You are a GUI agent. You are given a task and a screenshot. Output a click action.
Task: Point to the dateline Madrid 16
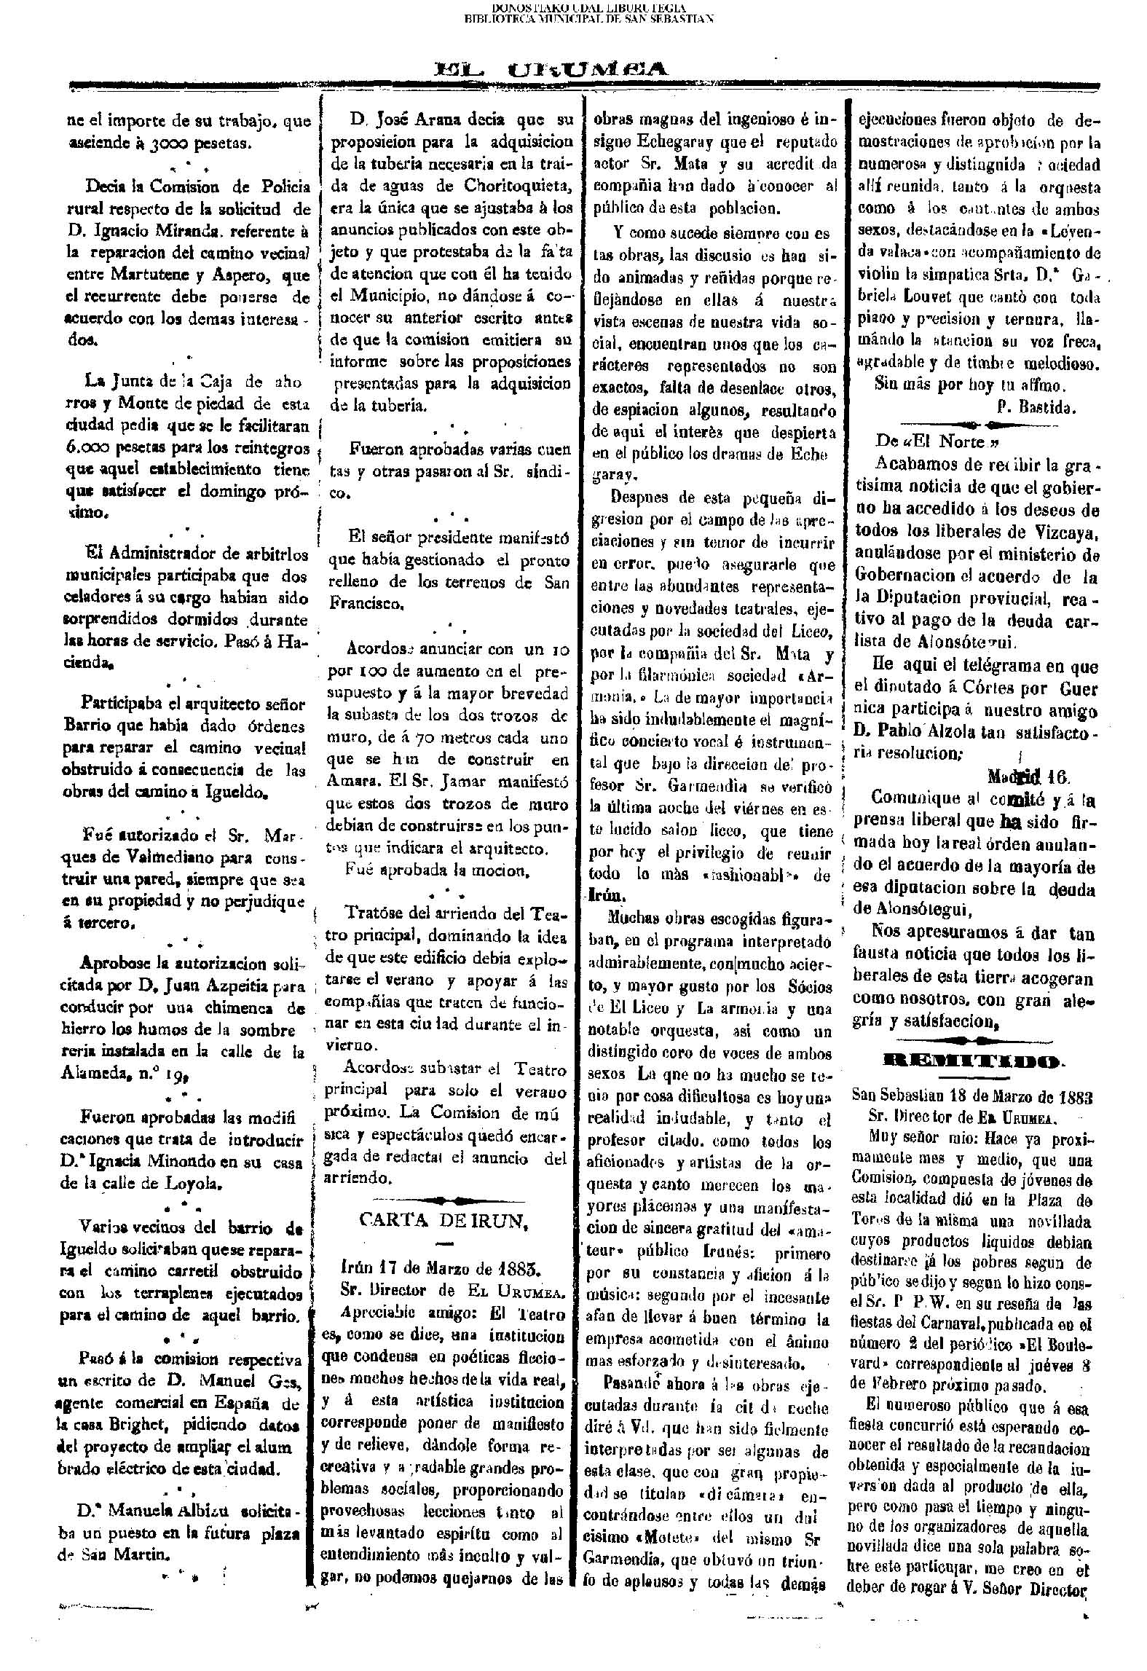tap(1029, 776)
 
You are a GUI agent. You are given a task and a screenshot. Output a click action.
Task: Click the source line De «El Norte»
tap(935, 441)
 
